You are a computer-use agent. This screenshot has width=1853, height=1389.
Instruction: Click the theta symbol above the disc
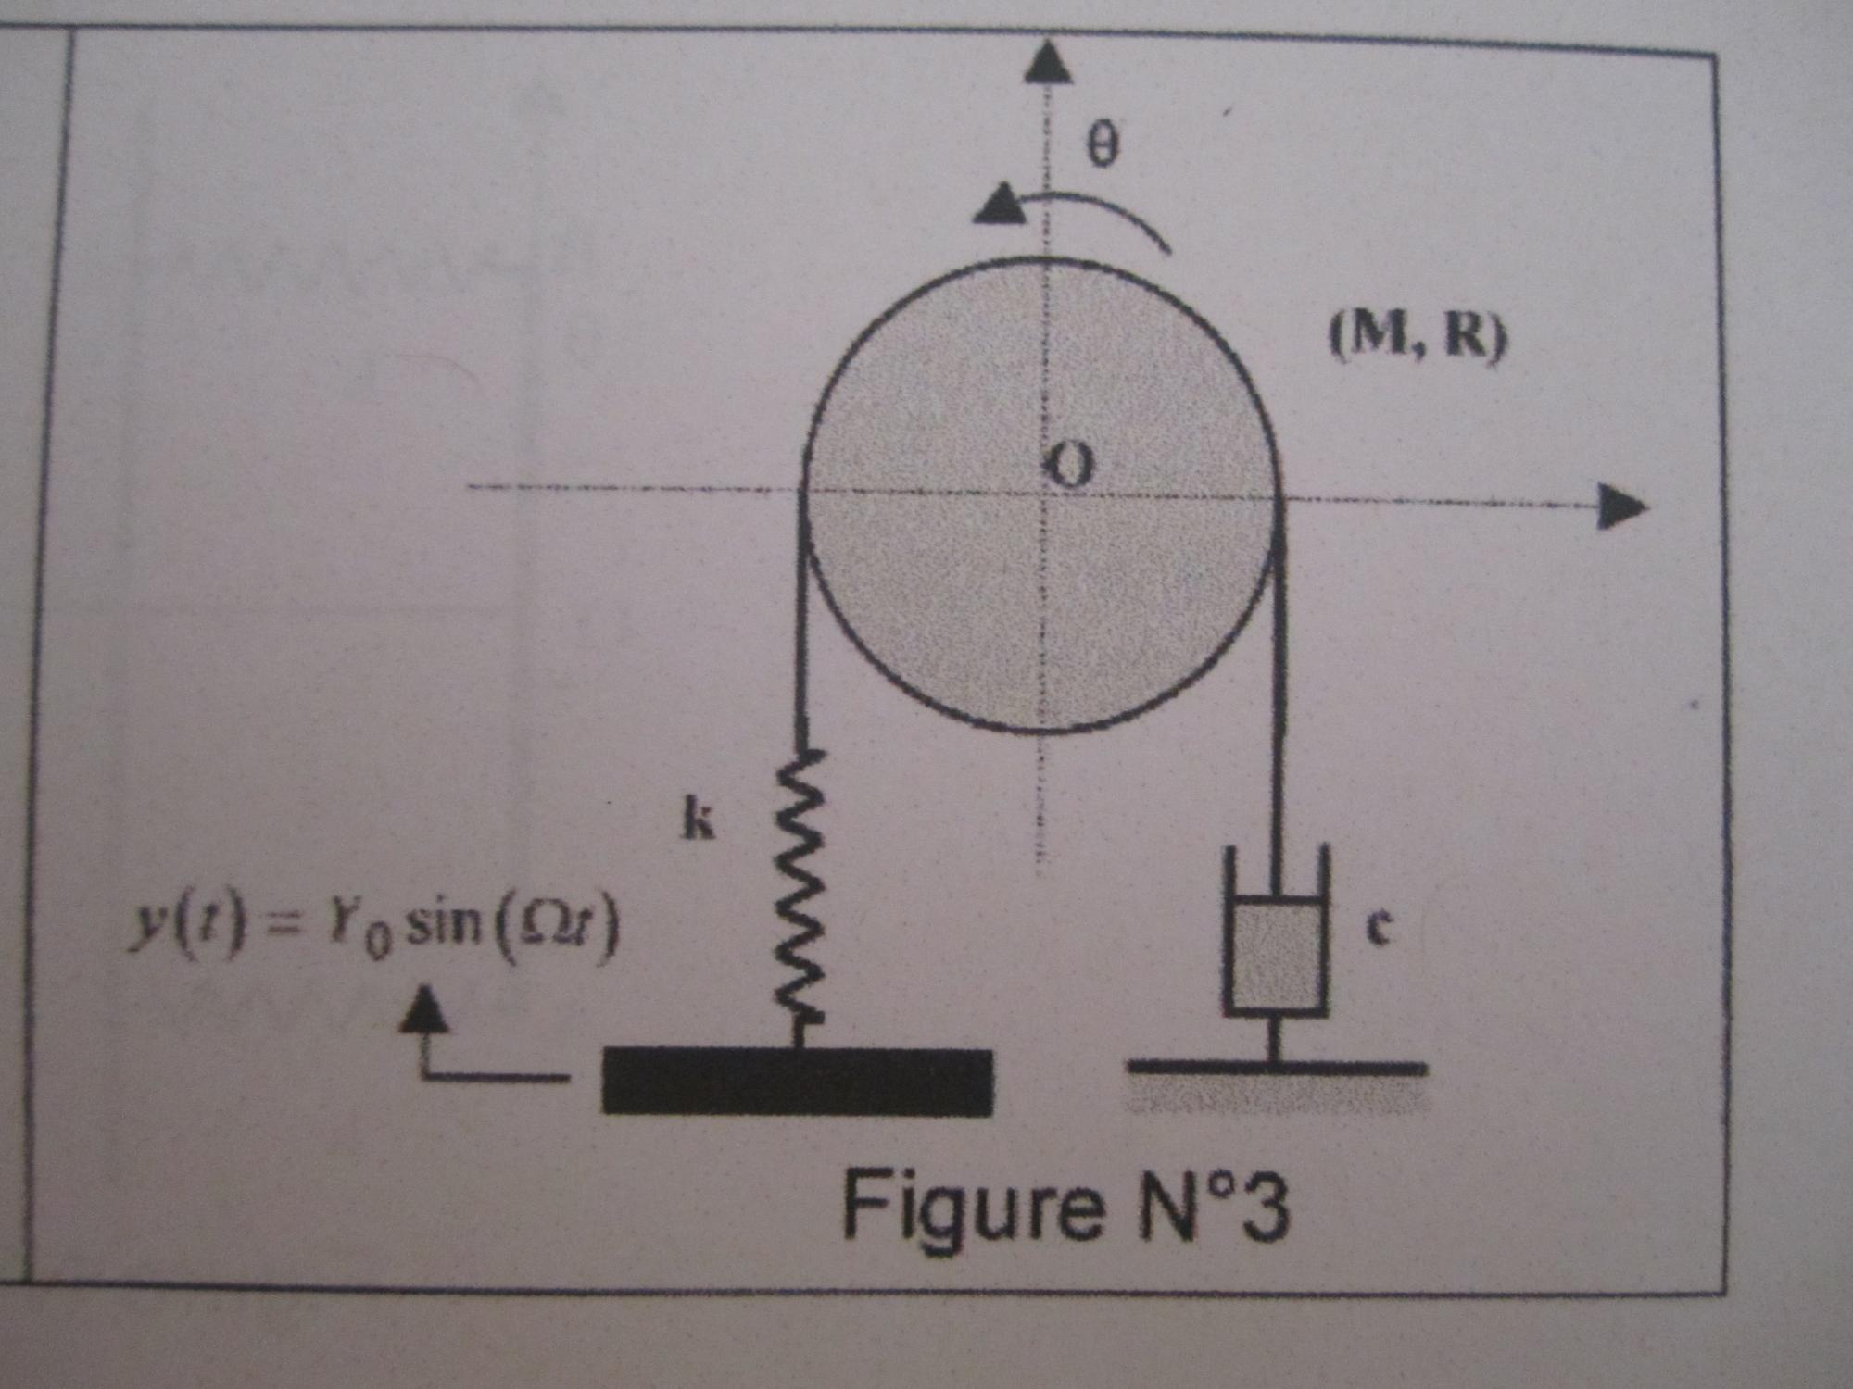[x=1102, y=145]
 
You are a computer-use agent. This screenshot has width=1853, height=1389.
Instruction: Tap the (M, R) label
[x=1417, y=335]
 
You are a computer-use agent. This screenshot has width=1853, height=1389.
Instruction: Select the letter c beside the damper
[x=1378, y=927]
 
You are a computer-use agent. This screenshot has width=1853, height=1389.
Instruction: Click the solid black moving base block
[x=797, y=1082]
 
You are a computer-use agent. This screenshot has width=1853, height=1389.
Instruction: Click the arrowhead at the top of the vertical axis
[x=1048, y=62]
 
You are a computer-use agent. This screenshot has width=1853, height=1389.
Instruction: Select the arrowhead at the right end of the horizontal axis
[x=1621, y=507]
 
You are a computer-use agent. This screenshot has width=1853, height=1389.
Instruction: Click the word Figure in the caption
[x=973, y=1205]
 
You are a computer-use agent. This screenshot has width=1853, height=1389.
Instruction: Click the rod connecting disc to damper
[x=1279, y=694]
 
